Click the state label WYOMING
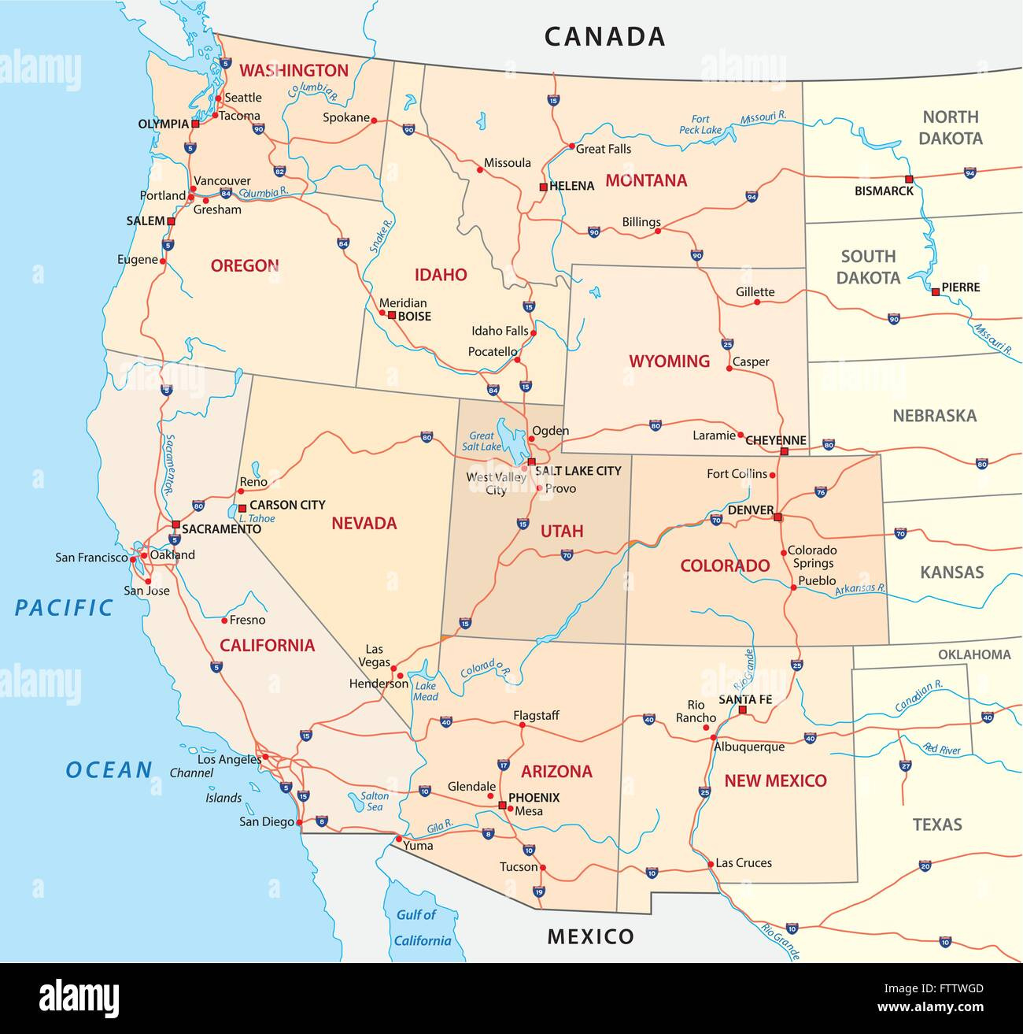tap(669, 361)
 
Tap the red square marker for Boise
tap(391, 315)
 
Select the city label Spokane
tap(346, 117)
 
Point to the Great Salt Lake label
tap(482, 441)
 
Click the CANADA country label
tap(604, 36)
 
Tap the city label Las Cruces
tap(744, 863)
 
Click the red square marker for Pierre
tap(935, 291)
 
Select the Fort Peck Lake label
tap(700, 124)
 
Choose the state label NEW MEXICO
tap(775, 780)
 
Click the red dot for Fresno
tap(224, 621)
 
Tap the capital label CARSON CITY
tap(287, 505)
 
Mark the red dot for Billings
tap(659, 231)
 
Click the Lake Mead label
tap(426, 691)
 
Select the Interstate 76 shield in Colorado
tap(821, 492)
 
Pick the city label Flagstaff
tap(536, 715)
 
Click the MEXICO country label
tap(590, 936)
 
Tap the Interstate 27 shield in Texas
tap(906, 765)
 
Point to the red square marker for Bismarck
tap(909, 179)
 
